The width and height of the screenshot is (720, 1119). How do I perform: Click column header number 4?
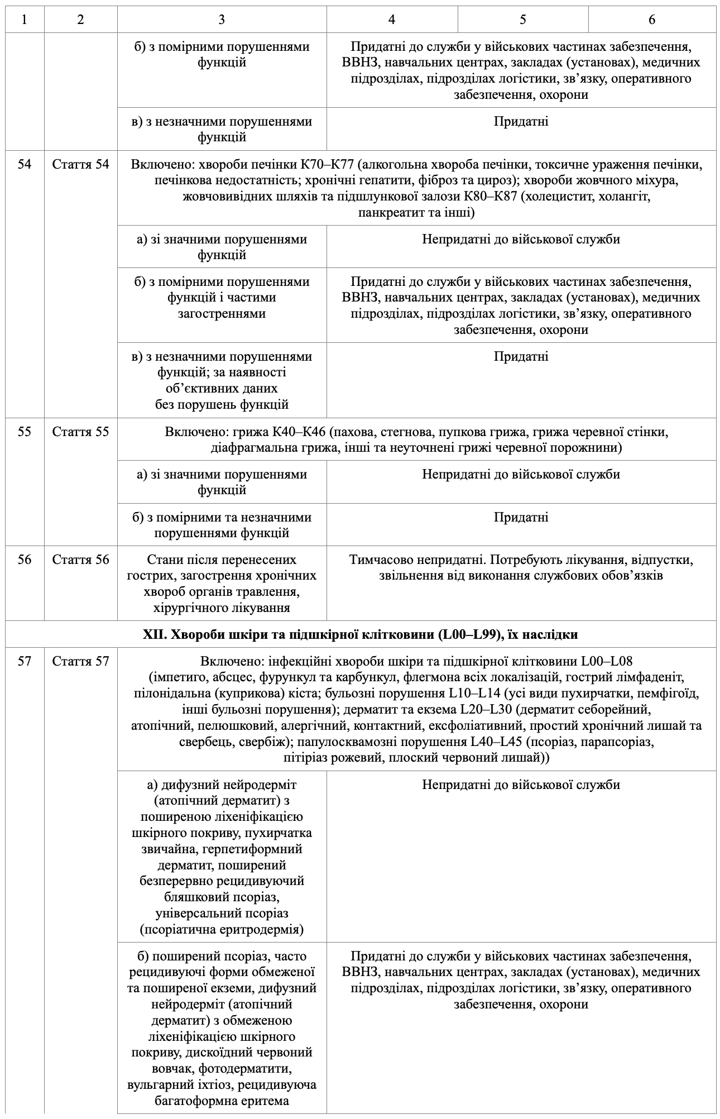click(x=392, y=20)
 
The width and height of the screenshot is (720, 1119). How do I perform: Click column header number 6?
click(x=652, y=20)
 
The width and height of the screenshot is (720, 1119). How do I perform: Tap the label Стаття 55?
click(x=81, y=432)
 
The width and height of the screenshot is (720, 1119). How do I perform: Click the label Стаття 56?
click(x=81, y=559)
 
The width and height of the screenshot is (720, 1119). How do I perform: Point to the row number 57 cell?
click(x=25, y=662)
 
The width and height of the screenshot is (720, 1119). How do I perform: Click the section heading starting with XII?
click(x=361, y=634)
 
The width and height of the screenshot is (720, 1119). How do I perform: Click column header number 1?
click(x=25, y=20)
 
